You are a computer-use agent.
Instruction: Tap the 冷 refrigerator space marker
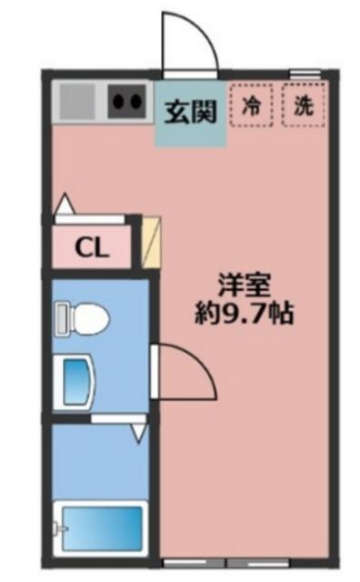click(251, 105)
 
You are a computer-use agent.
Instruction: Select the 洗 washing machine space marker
click(304, 105)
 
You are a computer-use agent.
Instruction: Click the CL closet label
click(92, 247)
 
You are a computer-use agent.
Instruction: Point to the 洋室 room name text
click(244, 285)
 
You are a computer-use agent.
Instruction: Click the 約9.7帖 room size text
click(245, 315)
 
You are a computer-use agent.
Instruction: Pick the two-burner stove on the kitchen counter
click(126, 101)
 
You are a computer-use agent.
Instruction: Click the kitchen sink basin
click(77, 101)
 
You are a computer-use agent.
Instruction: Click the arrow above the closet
click(65, 204)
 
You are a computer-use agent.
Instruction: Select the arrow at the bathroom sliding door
click(139, 433)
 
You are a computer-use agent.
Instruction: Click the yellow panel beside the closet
click(152, 242)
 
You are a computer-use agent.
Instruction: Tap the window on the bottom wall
click(226, 563)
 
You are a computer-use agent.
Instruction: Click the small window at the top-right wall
click(305, 74)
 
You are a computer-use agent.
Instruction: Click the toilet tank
click(62, 319)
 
